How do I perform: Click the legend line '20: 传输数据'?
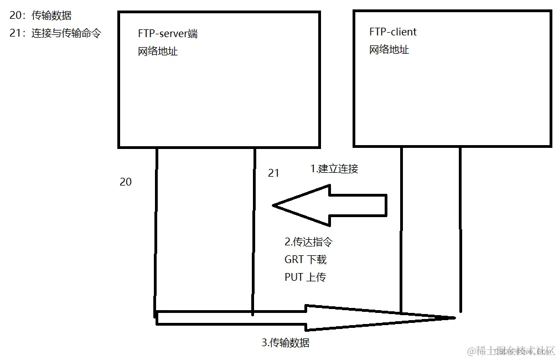coord(40,16)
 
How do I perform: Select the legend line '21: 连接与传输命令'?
coord(55,33)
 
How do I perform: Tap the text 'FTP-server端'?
coord(168,34)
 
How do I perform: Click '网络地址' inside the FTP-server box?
coord(158,52)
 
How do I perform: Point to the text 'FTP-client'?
coord(393,32)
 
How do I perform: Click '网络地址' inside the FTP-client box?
coord(389,50)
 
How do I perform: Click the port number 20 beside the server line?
coord(126,182)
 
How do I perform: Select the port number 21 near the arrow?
coord(273,173)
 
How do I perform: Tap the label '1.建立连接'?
coord(334,169)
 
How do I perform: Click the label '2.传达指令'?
coord(308,242)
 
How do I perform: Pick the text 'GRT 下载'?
coord(306,259)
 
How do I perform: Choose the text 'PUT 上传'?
coord(305,277)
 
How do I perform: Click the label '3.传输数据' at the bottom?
coord(286,343)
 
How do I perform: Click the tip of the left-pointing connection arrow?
coord(274,205)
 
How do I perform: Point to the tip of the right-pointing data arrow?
coord(454,317)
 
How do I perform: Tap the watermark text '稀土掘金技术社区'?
coord(511,351)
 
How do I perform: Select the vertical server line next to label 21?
coord(254,233)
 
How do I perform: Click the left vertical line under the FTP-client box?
coord(401,227)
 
